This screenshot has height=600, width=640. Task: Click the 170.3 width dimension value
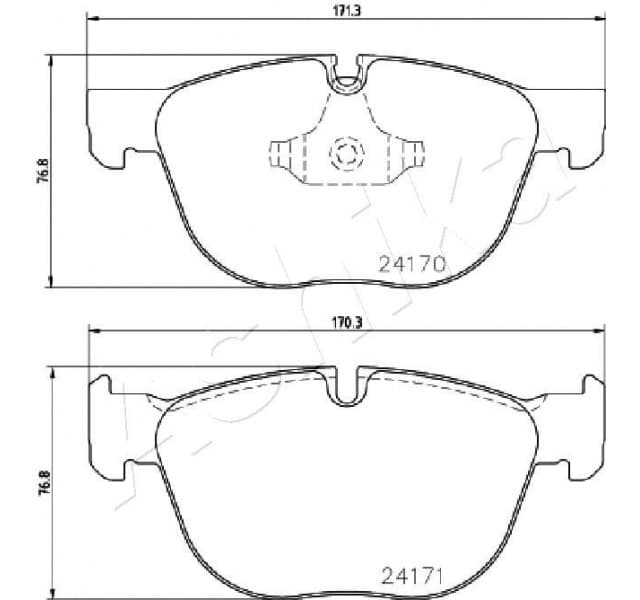(346, 322)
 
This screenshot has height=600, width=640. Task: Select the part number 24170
(410, 265)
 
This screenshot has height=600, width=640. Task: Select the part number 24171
(412, 577)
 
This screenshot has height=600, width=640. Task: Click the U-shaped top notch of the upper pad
(347, 76)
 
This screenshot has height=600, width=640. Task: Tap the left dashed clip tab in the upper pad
(286, 154)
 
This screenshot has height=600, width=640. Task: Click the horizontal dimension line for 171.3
(200, 19)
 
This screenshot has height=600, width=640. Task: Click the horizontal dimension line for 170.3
(200, 332)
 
